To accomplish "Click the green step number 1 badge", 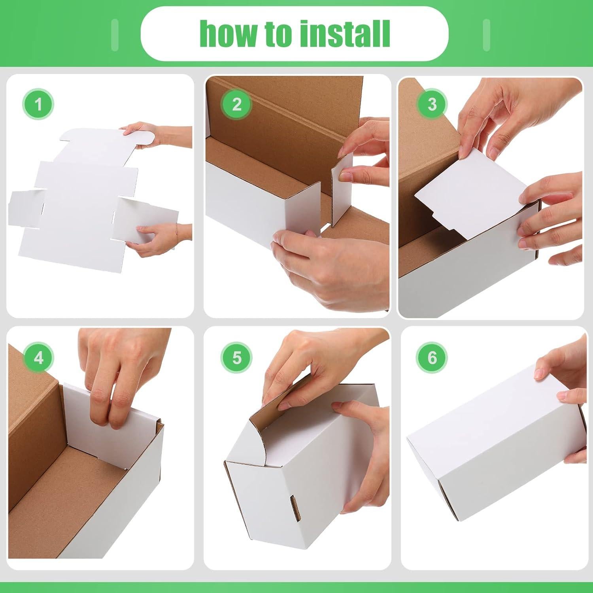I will tap(38, 105).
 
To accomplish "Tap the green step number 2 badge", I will tap(236, 105).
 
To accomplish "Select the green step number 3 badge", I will tap(432, 104).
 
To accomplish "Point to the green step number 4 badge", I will tap(38, 358).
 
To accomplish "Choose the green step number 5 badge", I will tap(236, 358).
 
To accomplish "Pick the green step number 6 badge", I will tap(432, 358).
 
